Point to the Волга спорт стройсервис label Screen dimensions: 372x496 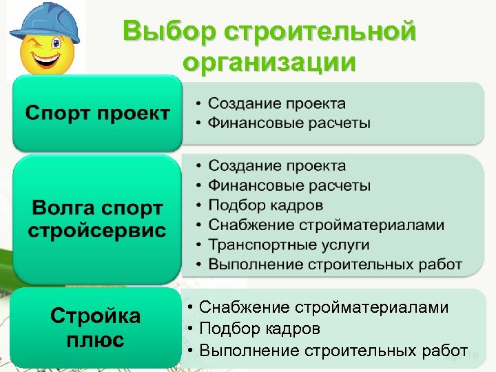pos(97,219)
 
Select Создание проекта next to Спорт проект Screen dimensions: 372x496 pos(277,103)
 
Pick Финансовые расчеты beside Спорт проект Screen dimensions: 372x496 pos(289,123)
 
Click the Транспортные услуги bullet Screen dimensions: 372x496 pos(289,245)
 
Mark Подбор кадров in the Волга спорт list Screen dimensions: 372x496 pos(265,205)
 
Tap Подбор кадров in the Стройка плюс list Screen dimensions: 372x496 pos(260,329)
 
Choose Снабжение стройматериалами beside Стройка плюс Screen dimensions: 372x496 pos(323,307)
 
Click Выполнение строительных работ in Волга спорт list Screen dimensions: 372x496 pos(335,265)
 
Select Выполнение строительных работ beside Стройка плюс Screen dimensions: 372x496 pos(333,351)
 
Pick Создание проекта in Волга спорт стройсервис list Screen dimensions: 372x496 pos(277,165)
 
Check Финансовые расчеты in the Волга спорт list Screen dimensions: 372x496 pos(289,185)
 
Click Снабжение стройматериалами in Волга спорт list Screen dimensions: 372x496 pos(327,225)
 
